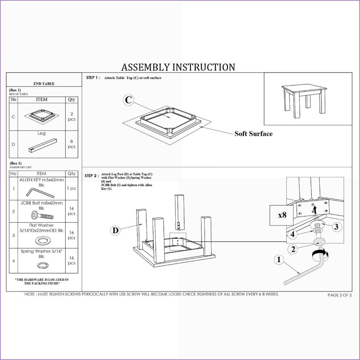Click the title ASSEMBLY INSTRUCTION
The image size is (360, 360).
click(x=178, y=67)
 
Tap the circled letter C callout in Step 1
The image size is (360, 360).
click(x=128, y=100)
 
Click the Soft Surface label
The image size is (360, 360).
click(x=253, y=134)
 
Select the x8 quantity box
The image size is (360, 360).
click(x=282, y=215)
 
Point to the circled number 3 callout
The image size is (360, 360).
click(x=336, y=227)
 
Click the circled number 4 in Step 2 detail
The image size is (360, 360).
click(x=293, y=234)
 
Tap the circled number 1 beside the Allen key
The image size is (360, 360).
click(x=279, y=260)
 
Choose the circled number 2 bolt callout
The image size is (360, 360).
click(x=293, y=249)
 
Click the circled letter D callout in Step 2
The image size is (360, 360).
click(x=116, y=230)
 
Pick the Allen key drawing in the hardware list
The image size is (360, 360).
click(x=40, y=193)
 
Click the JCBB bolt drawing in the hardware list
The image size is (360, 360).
click(x=42, y=216)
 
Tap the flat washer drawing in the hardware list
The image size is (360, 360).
click(x=43, y=241)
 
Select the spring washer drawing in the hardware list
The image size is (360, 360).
click(x=43, y=265)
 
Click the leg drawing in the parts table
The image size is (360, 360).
click(x=43, y=145)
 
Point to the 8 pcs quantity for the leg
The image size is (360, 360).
click(x=72, y=144)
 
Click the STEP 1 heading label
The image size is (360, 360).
click(x=93, y=77)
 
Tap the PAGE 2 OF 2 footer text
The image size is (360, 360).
click(x=340, y=295)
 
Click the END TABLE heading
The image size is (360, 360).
click(x=44, y=84)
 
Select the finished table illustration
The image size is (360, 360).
click(x=304, y=100)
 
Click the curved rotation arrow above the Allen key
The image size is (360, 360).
click(x=320, y=254)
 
